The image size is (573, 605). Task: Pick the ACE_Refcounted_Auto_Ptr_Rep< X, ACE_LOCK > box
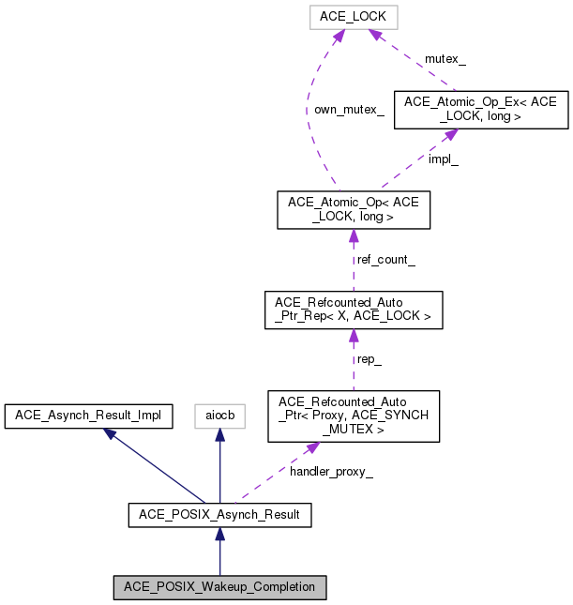point(353,310)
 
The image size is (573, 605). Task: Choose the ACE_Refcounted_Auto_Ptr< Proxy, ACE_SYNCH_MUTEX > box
point(353,416)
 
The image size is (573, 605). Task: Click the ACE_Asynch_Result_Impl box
point(88,416)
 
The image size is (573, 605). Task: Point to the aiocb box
point(219,416)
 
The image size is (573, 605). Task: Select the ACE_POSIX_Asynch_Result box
point(219,514)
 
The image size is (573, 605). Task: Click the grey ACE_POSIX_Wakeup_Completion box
point(219,587)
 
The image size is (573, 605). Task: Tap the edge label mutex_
point(445,58)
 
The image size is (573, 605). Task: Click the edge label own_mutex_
point(348,110)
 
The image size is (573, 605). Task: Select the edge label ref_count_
point(385,259)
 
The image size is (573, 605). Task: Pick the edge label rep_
point(368,359)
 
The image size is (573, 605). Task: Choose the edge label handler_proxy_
point(330,471)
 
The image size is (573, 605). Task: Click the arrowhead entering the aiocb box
point(219,436)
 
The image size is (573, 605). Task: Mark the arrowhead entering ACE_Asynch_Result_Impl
point(111,433)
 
